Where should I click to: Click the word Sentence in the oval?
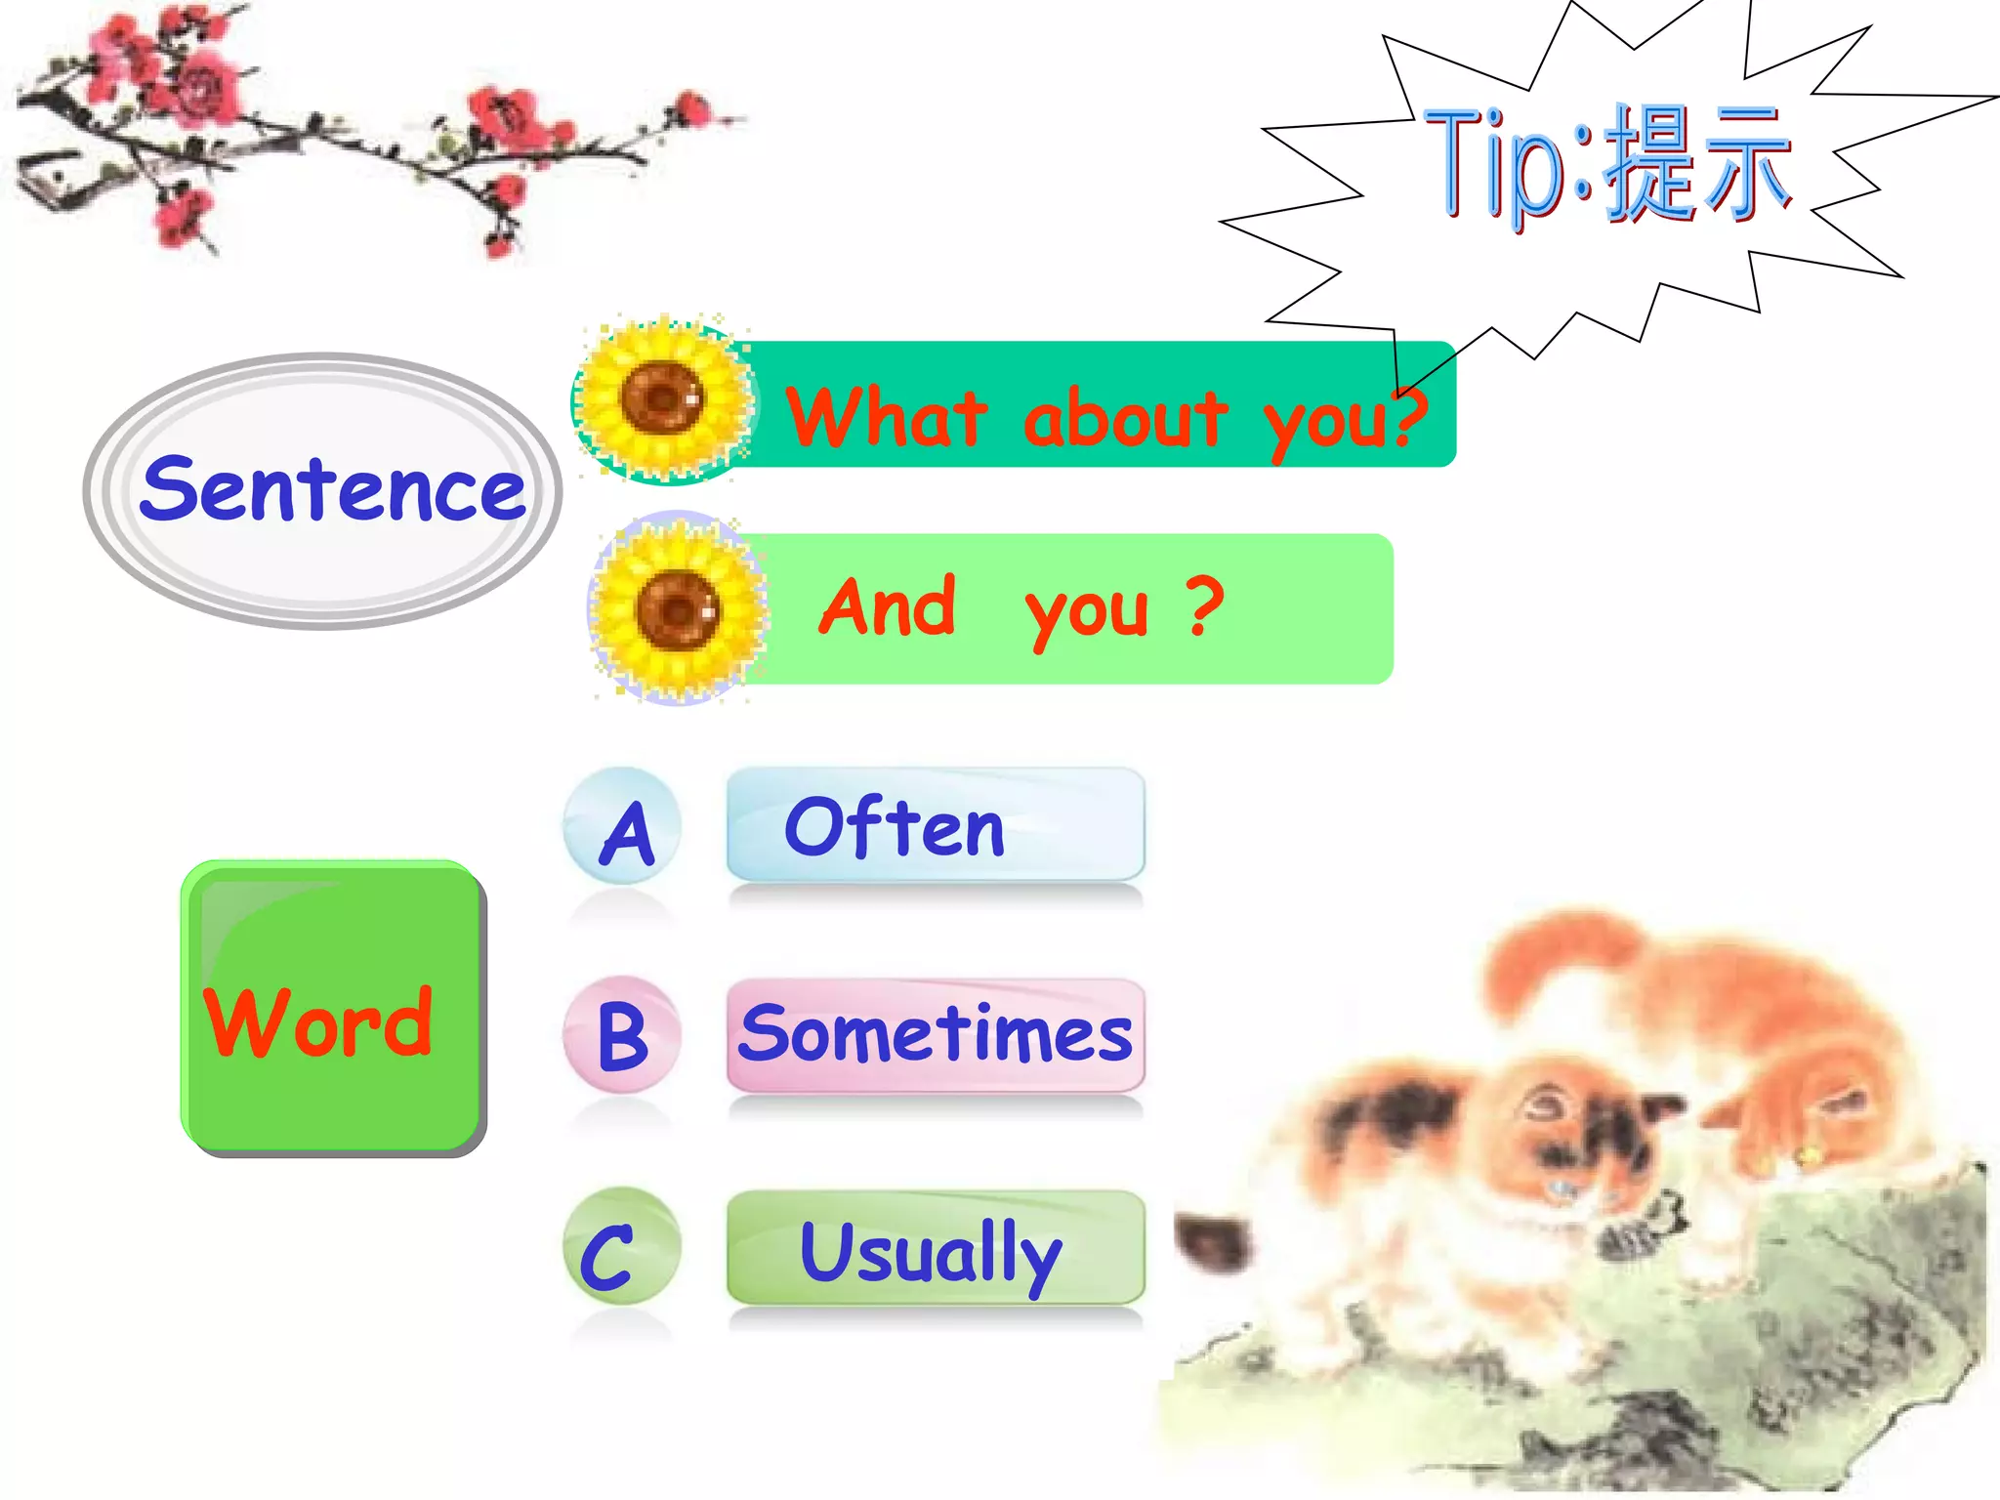click(332, 490)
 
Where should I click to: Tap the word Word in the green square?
click(318, 1022)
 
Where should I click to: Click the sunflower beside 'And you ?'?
click(678, 609)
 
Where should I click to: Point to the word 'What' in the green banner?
click(887, 418)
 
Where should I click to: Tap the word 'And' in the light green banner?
click(887, 607)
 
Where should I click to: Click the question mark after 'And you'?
click(1205, 605)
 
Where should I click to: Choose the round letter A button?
click(623, 828)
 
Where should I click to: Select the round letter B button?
click(623, 1035)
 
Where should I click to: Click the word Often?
click(895, 828)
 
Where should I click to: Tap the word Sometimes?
click(936, 1035)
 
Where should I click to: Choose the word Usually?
click(930, 1252)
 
